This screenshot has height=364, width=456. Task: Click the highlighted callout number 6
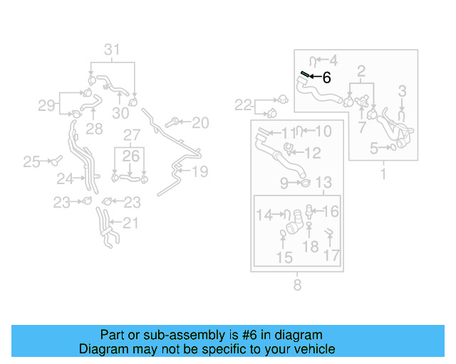(x=326, y=78)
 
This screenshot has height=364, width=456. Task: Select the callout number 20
(x=200, y=123)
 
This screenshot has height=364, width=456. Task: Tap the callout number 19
(x=199, y=171)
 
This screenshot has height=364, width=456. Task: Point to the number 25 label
(x=31, y=162)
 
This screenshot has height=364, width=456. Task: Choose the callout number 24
(x=65, y=178)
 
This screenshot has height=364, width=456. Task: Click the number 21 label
(x=130, y=223)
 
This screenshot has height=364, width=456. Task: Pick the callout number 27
(x=132, y=135)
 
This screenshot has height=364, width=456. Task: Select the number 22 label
(x=244, y=106)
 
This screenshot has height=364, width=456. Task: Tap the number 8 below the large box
(x=297, y=286)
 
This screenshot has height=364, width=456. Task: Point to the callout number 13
(x=323, y=183)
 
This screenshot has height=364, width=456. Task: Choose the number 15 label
(x=284, y=257)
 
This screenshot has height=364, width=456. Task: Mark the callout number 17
(x=332, y=256)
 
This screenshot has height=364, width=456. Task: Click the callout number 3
(x=402, y=91)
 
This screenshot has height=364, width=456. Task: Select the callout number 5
(x=373, y=149)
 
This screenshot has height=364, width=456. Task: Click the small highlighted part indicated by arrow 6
(x=304, y=74)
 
